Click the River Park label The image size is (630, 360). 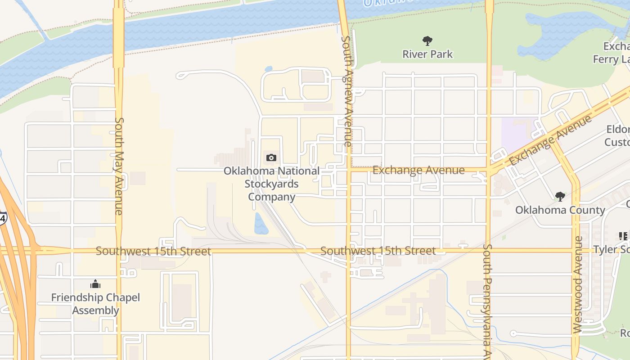tap(427, 54)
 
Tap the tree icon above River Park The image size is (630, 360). tap(427, 41)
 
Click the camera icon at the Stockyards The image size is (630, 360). tap(271, 157)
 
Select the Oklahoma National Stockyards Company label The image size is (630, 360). tap(271, 184)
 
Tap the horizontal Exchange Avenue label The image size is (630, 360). tap(418, 170)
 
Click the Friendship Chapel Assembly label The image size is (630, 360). tap(95, 304)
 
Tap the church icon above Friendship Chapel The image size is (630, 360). tap(95, 284)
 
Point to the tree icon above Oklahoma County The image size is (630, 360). tap(560, 196)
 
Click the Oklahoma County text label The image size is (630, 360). tap(560, 210)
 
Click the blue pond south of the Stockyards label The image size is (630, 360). tap(261, 224)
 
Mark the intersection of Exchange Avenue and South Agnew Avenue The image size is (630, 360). tap(348, 170)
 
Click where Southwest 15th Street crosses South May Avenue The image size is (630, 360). tap(119, 250)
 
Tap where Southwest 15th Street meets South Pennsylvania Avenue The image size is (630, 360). tap(489, 250)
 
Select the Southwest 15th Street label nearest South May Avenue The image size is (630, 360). tap(153, 251)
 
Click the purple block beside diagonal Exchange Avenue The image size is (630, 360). tap(517, 133)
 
